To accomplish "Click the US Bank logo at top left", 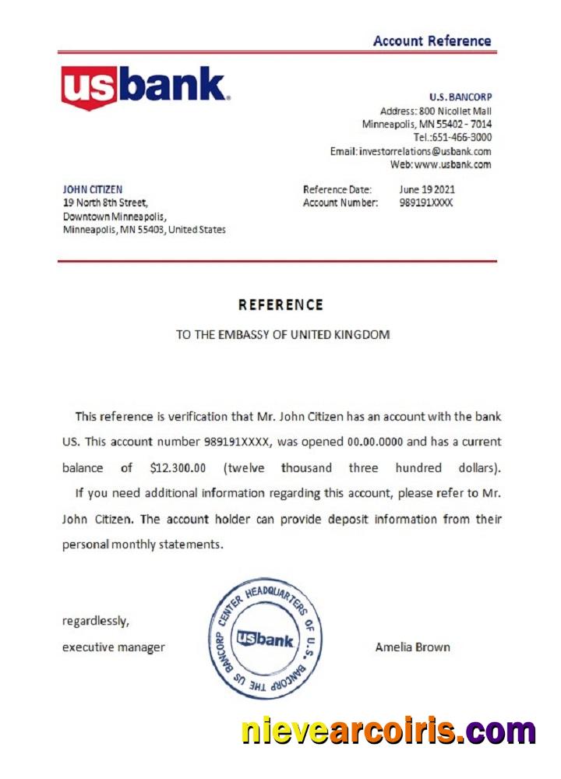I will pyautogui.click(x=145, y=86).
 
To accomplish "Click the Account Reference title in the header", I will pyautogui.click(x=432, y=41).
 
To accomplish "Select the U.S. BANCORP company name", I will pyautogui.click(x=460, y=97).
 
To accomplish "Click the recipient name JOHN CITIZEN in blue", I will pyautogui.click(x=92, y=189).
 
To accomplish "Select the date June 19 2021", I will pyautogui.click(x=427, y=189).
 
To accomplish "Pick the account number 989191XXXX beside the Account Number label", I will pyautogui.click(x=425, y=203).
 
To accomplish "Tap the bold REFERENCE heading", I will pyautogui.click(x=280, y=305).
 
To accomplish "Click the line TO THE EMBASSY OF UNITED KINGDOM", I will pyautogui.click(x=282, y=335).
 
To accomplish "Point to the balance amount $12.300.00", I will pyautogui.click(x=178, y=468).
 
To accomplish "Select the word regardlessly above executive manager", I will pyautogui.click(x=95, y=621).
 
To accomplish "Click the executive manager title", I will pyautogui.click(x=113, y=647).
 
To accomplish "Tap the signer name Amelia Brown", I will pyautogui.click(x=412, y=647).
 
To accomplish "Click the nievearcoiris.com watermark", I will pyautogui.click(x=388, y=731).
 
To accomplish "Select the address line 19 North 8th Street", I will pyautogui.click(x=104, y=203).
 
